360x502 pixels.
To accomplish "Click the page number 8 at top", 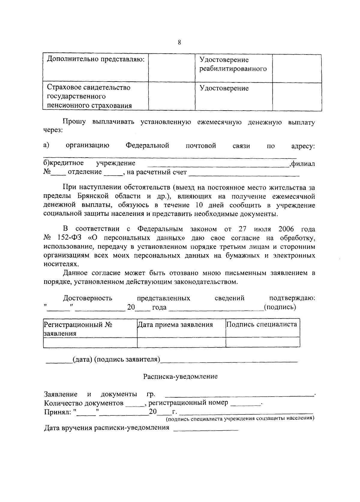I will click(x=179, y=42).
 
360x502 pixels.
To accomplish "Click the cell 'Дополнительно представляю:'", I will click(x=96, y=59).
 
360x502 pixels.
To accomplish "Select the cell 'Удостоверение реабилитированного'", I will click(x=233, y=64).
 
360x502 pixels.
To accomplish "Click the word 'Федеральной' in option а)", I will click(x=147, y=146).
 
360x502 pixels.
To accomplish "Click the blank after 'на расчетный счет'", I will click(x=244, y=173).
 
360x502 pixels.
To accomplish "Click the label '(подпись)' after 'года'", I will click(x=280, y=307).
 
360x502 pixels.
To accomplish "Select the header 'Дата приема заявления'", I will click(x=175, y=325).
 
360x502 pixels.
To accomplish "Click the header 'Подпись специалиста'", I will click(x=262, y=324).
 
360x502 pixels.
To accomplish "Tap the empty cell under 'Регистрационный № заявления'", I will click(x=90, y=342).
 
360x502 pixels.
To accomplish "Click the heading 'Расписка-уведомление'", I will click(x=180, y=376).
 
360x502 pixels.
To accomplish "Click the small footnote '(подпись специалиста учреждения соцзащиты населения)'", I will click(x=240, y=418).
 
